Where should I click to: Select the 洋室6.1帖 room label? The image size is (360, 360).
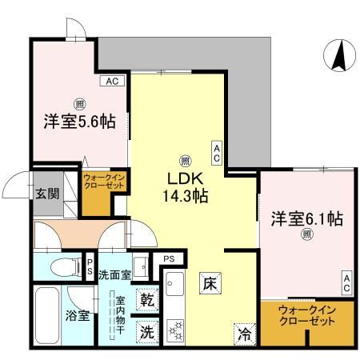(306, 218)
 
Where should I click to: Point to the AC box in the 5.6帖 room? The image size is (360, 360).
(110, 81)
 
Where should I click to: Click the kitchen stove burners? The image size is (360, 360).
(175, 330)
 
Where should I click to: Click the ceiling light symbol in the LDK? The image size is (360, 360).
(185, 158)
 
